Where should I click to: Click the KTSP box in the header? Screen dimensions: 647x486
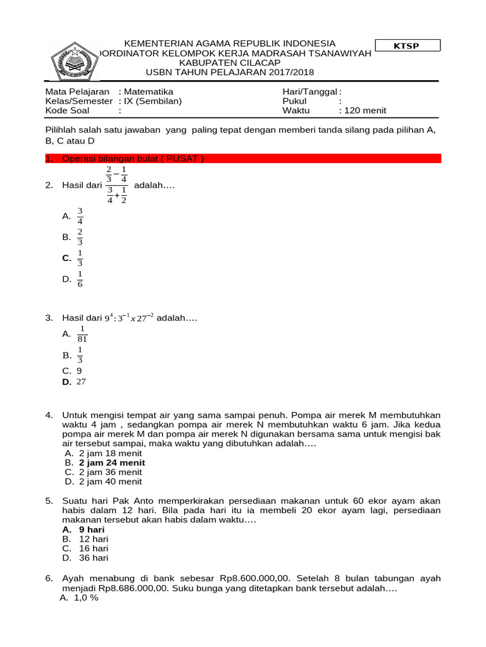pos(408,45)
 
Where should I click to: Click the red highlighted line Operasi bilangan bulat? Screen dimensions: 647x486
pos(133,159)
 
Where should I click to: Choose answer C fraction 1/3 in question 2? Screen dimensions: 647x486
pos(80,258)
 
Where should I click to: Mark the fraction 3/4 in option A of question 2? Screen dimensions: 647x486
pos(80,216)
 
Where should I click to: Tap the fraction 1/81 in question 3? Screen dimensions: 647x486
pos(82,334)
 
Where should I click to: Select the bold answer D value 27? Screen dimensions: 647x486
pos(80,382)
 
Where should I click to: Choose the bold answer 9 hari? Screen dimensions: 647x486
pos(92,529)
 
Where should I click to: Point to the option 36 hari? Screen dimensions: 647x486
pos(94,558)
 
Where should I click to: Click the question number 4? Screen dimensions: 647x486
pos(49,415)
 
